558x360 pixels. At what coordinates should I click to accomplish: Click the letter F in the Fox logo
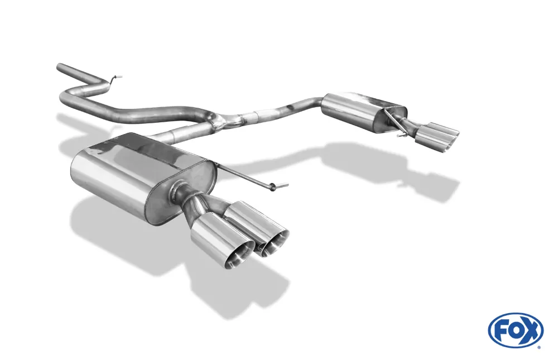pyautogui.click(x=503, y=331)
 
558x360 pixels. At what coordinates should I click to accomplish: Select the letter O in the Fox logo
pyautogui.click(x=516, y=332)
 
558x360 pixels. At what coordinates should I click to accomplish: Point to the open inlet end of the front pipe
pyautogui.click(x=60, y=67)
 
